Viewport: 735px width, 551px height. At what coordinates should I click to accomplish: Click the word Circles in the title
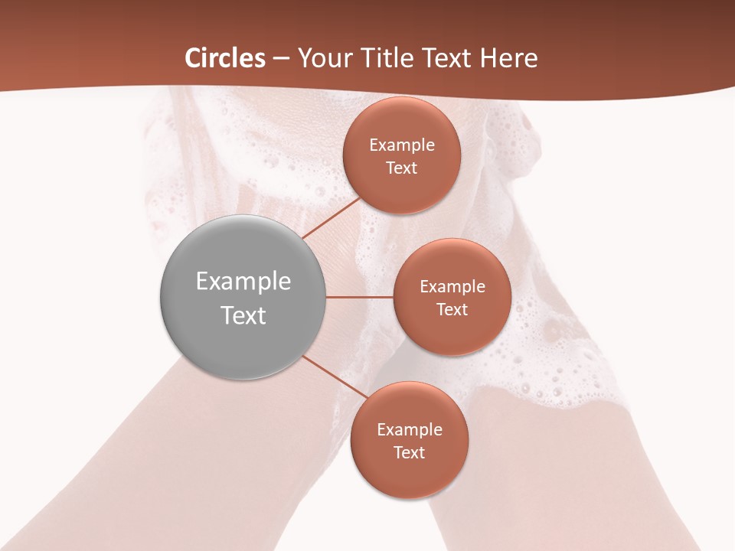[225, 58]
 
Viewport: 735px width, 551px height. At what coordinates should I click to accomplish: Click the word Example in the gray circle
[243, 282]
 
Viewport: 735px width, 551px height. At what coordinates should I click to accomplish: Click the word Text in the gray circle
[243, 315]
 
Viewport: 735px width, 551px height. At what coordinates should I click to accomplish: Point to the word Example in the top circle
[402, 145]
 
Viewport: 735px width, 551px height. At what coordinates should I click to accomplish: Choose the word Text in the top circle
[402, 168]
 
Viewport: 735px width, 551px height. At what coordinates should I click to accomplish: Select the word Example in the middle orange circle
[452, 287]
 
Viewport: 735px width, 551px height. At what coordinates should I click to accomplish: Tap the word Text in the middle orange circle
[452, 309]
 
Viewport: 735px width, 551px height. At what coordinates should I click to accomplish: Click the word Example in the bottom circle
[410, 430]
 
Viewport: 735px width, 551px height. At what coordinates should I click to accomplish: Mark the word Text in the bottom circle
[410, 452]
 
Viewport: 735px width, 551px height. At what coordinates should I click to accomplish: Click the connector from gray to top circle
[332, 217]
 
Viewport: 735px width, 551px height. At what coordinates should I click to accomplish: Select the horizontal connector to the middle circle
[360, 297]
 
